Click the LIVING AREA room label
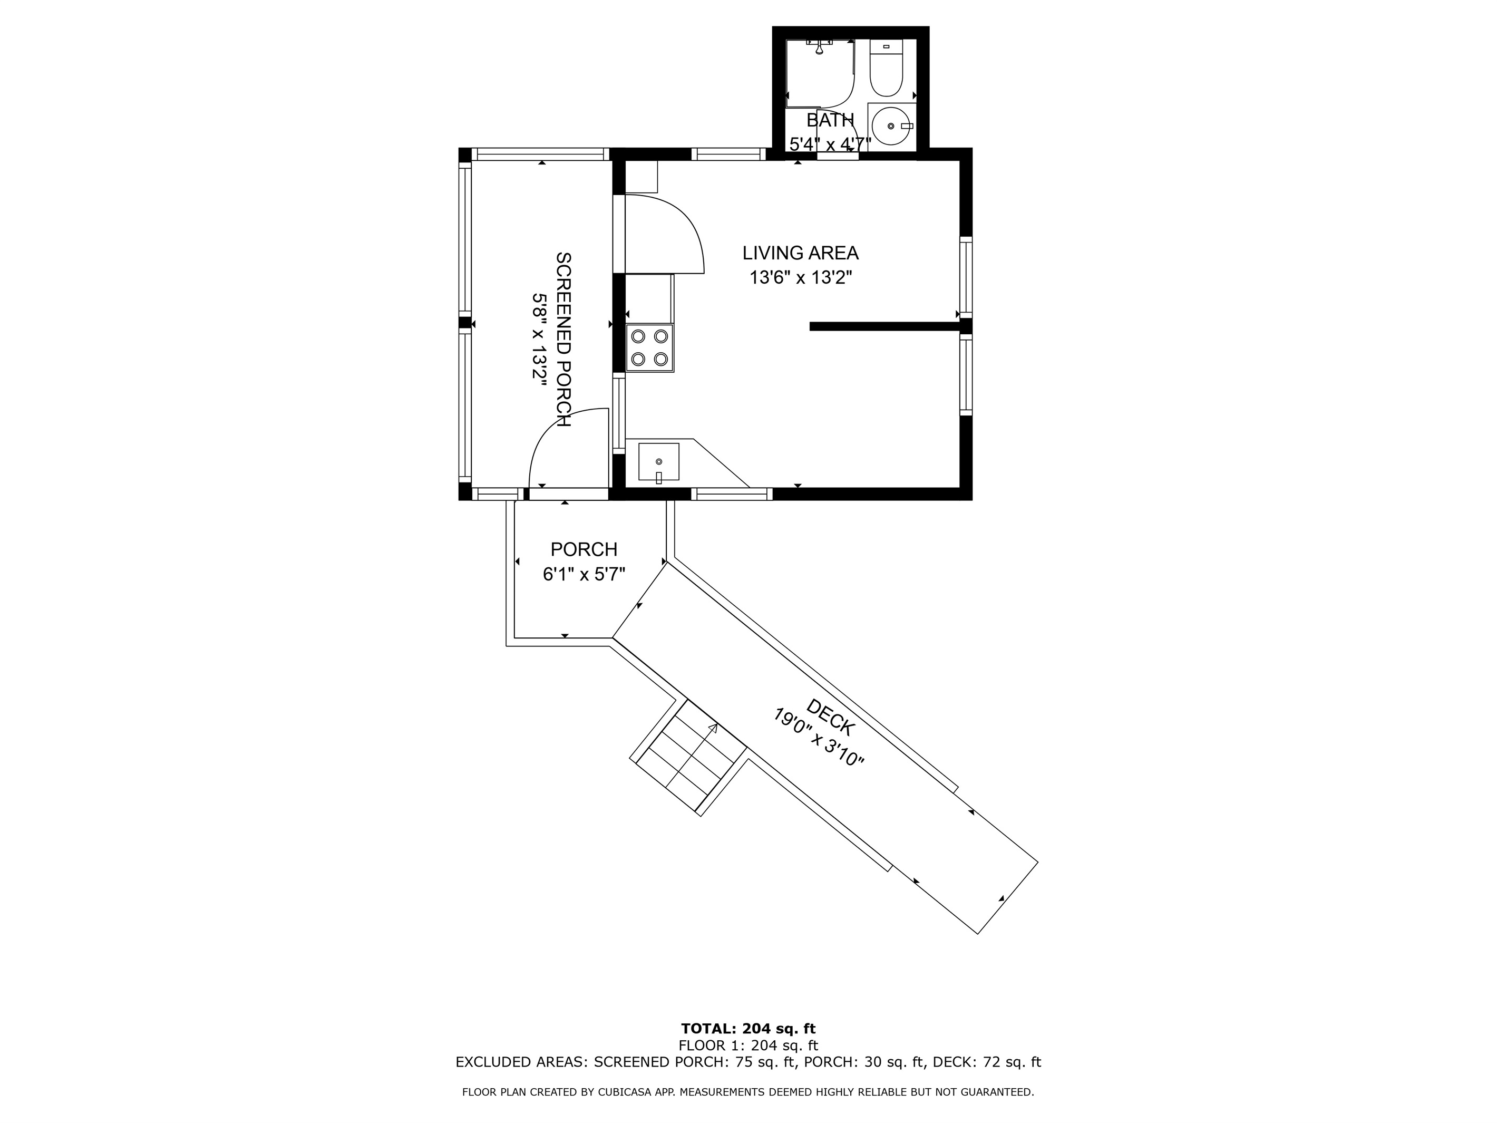click(800, 253)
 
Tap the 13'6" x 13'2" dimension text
click(800, 277)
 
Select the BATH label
click(830, 121)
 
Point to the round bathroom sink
click(891, 126)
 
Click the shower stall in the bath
click(820, 73)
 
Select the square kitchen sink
click(658, 462)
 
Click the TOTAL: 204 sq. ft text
click(748, 1030)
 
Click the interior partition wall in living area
click(884, 326)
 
